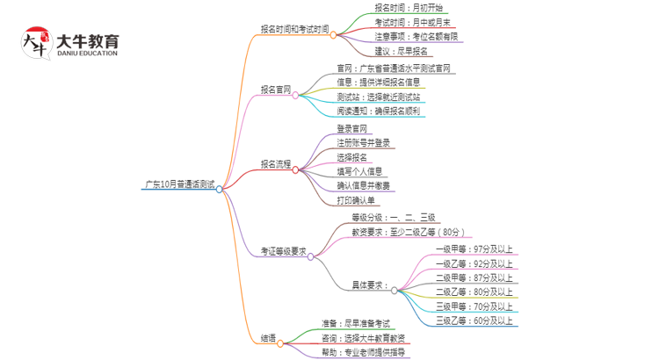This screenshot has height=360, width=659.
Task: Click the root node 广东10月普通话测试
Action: point(179,186)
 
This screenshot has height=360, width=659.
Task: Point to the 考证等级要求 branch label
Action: point(280,252)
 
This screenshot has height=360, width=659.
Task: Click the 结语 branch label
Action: point(269,337)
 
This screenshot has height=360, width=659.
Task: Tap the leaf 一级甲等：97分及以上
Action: point(474,248)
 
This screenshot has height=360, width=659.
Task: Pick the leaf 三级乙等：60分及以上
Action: point(474,320)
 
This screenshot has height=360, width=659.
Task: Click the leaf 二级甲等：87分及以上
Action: point(474,277)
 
